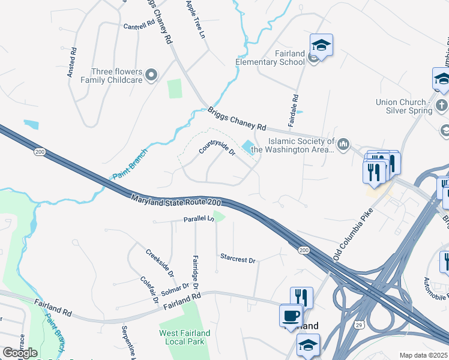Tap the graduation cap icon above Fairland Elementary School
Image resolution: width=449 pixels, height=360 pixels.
pos(321,45)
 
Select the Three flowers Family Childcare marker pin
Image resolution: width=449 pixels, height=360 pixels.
pos(152,75)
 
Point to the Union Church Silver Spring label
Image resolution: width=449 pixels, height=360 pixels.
pos(404,106)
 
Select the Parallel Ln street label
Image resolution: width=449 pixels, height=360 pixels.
pos(199,220)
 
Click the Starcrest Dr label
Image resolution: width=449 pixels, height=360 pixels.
pos(238,260)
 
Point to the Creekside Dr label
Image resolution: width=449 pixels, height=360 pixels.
pos(160,262)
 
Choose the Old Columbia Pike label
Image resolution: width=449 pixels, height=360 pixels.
pos(354,235)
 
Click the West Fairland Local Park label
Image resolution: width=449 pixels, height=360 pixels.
pos(184,337)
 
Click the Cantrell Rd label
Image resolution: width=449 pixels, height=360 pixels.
pos(139,26)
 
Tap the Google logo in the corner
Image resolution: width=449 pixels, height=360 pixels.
pos(20,353)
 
